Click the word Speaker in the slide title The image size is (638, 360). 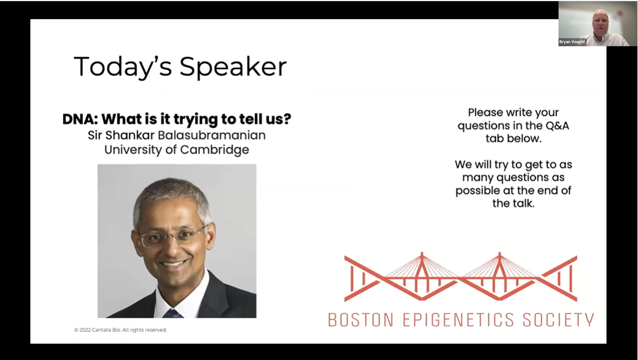[x=233, y=67]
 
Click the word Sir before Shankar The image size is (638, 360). [x=95, y=135]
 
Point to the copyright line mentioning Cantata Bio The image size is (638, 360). [x=121, y=330]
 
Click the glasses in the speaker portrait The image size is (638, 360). [x=172, y=236]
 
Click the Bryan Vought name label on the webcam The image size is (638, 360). [x=572, y=42]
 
